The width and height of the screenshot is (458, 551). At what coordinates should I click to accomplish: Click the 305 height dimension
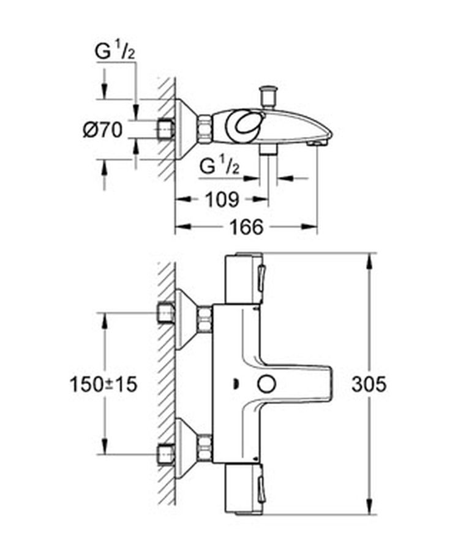coord(369,384)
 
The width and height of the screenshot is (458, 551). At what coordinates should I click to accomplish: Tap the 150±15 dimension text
coord(103,384)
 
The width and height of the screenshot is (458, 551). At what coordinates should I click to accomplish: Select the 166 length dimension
coord(246,227)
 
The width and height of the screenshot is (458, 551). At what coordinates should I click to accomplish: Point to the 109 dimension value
coord(222,200)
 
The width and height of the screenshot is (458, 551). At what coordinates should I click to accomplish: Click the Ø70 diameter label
coord(103,130)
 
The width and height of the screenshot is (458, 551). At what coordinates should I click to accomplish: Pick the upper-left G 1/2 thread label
coord(114,51)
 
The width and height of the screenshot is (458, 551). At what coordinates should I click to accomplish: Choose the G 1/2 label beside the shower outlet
coord(219,166)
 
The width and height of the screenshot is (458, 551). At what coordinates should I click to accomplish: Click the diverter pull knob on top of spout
coord(268,96)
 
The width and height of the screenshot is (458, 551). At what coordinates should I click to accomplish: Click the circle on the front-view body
coord(266,384)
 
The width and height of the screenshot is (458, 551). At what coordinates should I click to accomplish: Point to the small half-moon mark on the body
coord(235,384)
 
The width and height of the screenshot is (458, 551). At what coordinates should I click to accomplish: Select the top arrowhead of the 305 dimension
coord(369,260)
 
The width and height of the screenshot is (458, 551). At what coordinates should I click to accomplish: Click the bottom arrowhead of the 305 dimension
coord(369,507)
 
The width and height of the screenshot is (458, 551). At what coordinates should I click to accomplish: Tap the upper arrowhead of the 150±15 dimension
coord(104,320)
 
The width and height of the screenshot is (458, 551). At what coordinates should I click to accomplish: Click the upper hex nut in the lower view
coord(205,319)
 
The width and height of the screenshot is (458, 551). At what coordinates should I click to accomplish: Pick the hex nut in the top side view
coord(205,129)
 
